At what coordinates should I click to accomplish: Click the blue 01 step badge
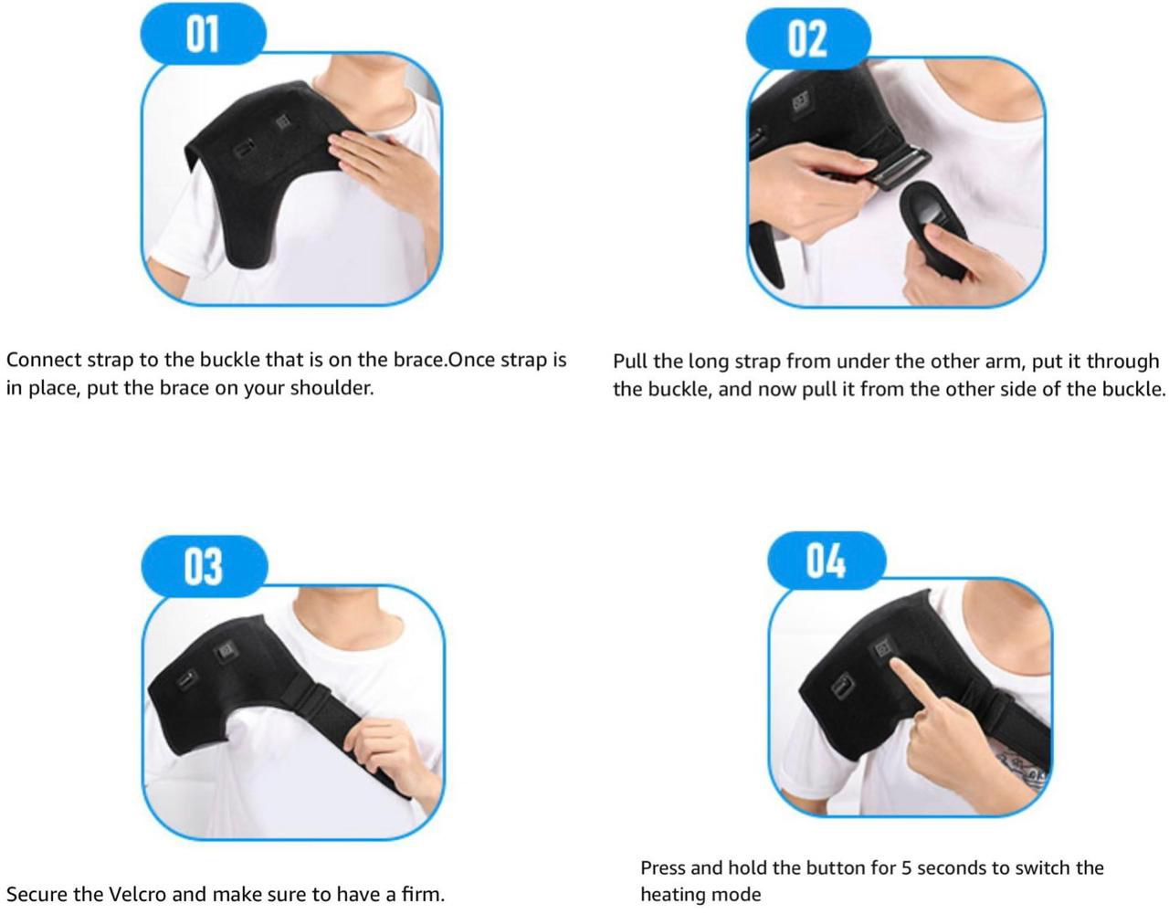(203, 34)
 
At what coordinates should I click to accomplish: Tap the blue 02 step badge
(808, 38)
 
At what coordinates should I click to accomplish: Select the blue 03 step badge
(205, 566)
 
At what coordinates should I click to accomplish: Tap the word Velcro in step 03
(138, 894)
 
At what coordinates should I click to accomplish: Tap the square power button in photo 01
(282, 122)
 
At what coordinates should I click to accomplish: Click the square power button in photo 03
(225, 649)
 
